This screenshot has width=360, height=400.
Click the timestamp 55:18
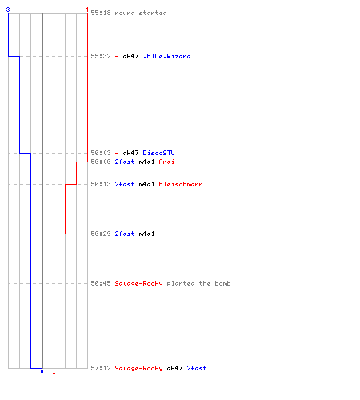pyautogui.click(x=101, y=13)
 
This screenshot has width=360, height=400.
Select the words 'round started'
pyautogui.click(x=141, y=13)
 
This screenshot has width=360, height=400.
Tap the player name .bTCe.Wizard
pyautogui.click(x=167, y=56)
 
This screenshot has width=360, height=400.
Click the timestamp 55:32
pyautogui.click(x=101, y=56)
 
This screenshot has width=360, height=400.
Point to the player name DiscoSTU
pyautogui.click(x=158, y=153)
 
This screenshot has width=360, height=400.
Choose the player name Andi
pyautogui.click(x=166, y=162)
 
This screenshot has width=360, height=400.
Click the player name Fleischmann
pyautogui.click(x=181, y=184)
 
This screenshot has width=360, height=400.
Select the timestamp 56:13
pyautogui.click(x=101, y=184)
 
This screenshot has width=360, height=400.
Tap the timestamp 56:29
pyautogui.click(x=101, y=234)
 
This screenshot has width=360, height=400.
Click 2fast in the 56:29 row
pyautogui.click(x=125, y=234)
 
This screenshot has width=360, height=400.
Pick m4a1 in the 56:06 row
pyautogui.click(x=146, y=162)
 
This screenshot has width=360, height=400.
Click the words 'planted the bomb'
pyautogui.click(x=198, y=283)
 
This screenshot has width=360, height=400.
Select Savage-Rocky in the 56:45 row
pyautogui.click(x=138, y=283)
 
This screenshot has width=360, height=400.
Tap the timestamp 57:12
pyautogui.click(x=101, y=368)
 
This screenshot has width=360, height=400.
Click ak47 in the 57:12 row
pyautogui.click(x=174, y=368)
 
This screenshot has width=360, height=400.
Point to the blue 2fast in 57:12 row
pyautogui.click(x=197, y=368)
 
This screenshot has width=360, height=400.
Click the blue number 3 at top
pyautogui.click(x=8, y=10)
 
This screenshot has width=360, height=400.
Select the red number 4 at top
pyautogui.click(x=87, y=10)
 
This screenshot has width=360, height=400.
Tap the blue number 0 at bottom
pyautogui.click(x=42, y=371)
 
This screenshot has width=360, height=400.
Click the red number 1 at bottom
pyautogui.click(x=54, y=371)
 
